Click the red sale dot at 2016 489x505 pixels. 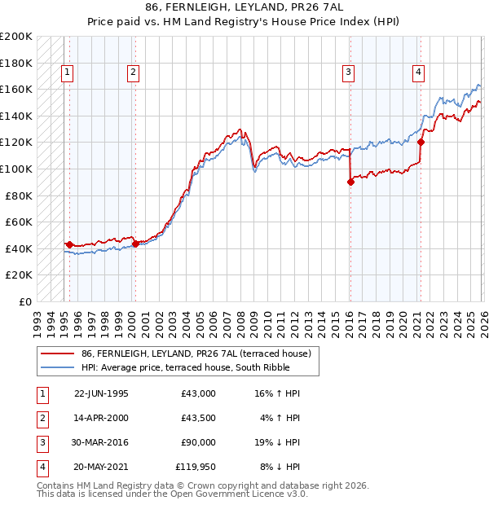[x=350, y=182]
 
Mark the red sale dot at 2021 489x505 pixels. [x=421, y=143]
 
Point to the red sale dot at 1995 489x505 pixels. [x=69, y=244]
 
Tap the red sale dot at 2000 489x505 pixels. [x=135, y=244]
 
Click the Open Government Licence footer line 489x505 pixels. [x=172, y=494]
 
